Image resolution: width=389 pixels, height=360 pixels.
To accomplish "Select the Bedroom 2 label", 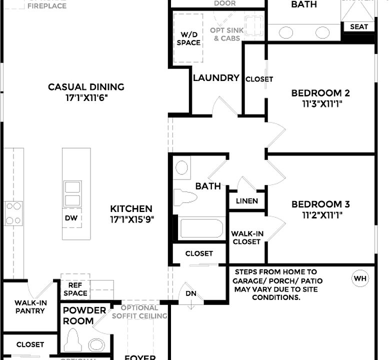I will pos(320,93).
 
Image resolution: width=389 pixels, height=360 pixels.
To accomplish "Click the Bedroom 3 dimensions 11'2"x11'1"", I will pos(320,215).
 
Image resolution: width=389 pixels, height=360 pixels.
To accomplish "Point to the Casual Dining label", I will pos(86,87).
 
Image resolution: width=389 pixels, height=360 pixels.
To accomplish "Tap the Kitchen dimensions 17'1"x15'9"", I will pos(131,219).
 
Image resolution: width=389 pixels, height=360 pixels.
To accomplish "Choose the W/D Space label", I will pos(188,38).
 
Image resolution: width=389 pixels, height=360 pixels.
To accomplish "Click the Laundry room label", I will pos(216,78).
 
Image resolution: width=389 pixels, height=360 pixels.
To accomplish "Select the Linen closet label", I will pos(247,201).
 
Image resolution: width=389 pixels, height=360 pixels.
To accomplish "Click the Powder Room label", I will pos(84,315).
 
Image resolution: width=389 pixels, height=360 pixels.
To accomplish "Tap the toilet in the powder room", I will pos(73,341).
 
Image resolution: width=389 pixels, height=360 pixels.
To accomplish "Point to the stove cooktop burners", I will pos(13,213).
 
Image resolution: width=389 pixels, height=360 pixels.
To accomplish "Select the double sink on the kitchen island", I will pos(72,193).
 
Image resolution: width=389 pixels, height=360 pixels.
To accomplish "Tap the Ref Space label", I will pos(75,288).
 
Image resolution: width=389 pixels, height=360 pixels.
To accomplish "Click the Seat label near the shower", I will pos(358,26).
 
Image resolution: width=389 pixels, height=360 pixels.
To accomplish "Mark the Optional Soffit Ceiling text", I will pos(139,312).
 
